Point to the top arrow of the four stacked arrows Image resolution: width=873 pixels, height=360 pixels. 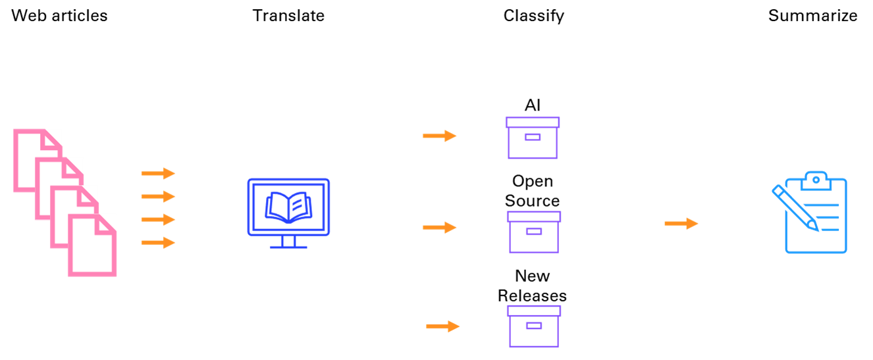(x=159, y=173)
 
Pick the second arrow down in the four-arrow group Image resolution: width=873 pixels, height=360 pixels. (x=159, y=196)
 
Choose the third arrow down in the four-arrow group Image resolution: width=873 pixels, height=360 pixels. (x=159, y=219)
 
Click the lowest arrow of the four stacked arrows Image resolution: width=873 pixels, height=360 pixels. (x=159, y=243)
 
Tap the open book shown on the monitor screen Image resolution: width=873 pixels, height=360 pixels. (x=288, y=207)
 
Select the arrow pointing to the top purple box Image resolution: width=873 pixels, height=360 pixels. (x=440, y=136)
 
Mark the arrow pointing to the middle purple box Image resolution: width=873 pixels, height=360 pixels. (x=440, y=227)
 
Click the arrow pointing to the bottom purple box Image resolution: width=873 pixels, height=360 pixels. (x=443, y=326)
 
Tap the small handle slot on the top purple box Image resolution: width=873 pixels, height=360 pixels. (x=533, y=137)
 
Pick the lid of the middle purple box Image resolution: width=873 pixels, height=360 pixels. (x=534, y=217)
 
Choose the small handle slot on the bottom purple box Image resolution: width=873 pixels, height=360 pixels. (x=534, y=325)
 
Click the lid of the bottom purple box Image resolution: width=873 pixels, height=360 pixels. (x=534, y=311)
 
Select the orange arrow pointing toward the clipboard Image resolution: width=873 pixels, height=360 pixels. (x=681, y=224)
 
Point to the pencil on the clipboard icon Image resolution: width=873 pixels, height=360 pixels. (x=795, y=207)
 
